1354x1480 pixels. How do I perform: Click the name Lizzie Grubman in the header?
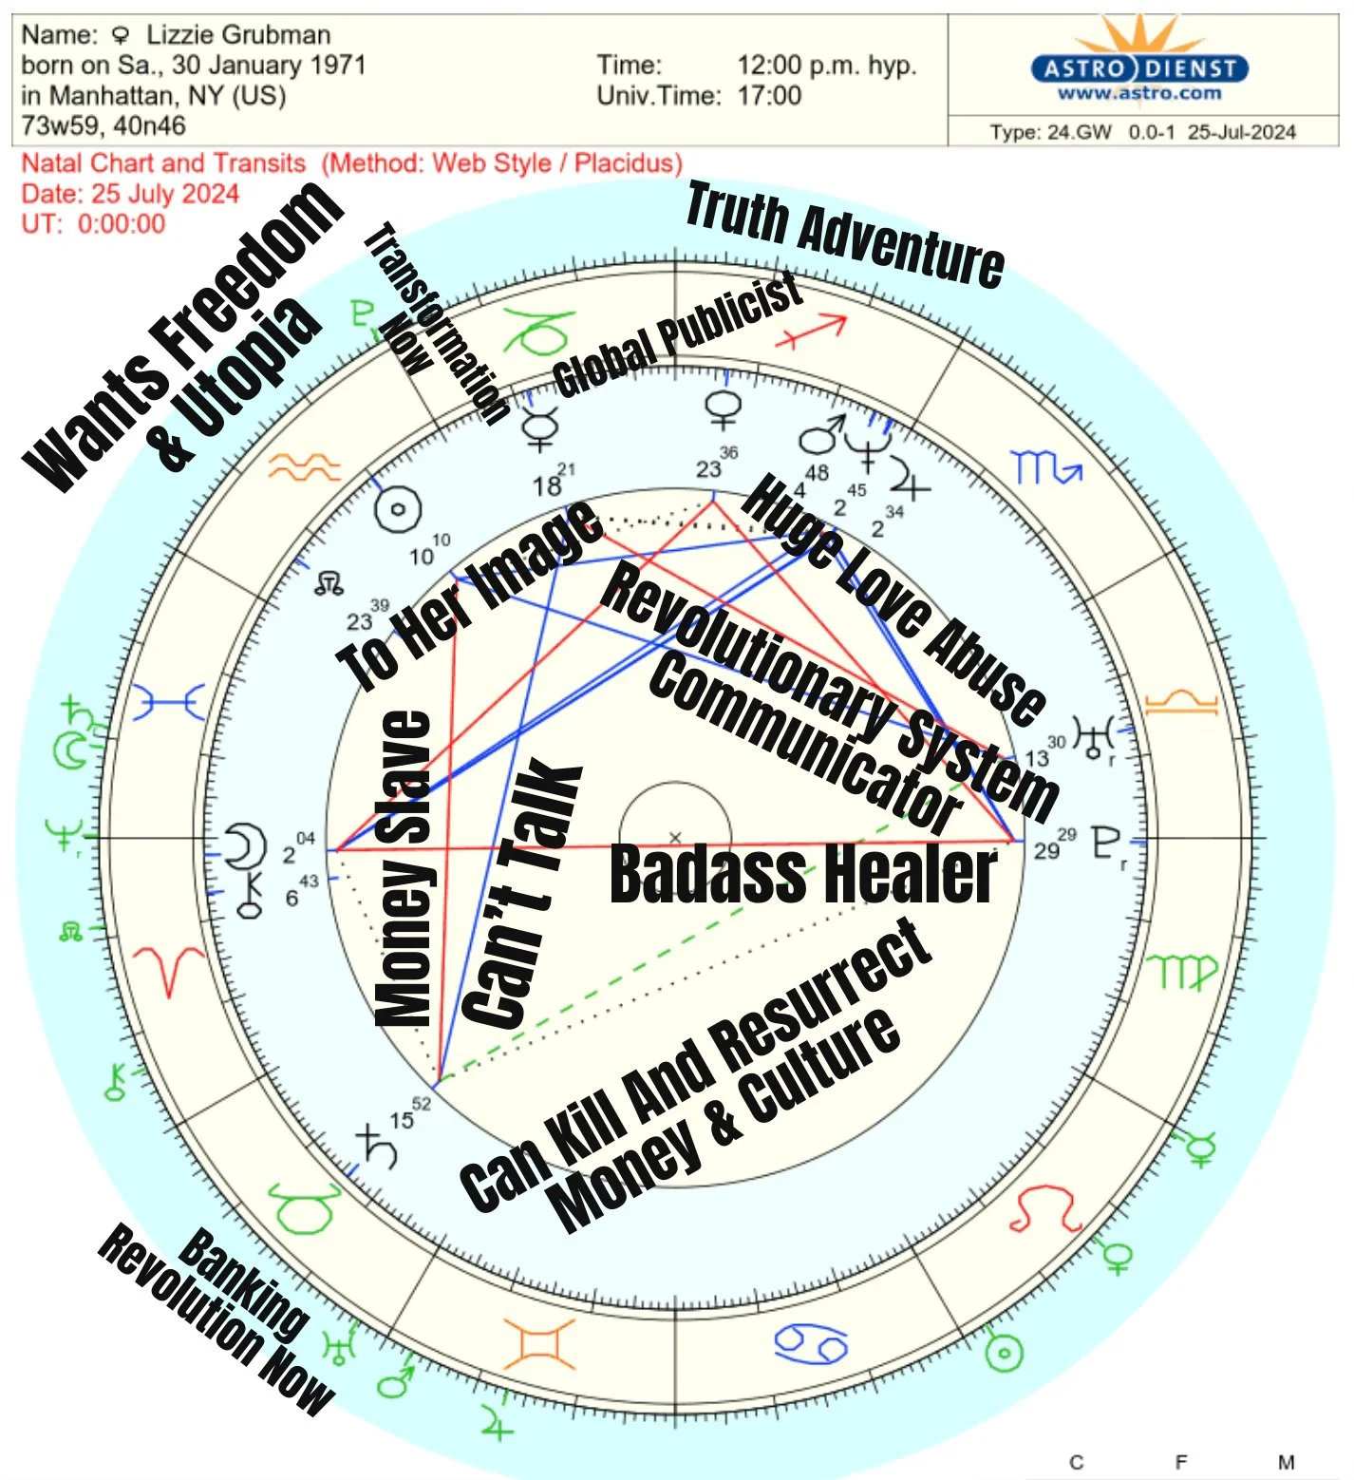pos(237,35)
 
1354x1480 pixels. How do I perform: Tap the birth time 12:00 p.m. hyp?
pos(826,66)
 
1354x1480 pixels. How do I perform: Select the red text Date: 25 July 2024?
pos(130,194)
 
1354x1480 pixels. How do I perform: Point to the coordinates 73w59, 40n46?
pos(103,125)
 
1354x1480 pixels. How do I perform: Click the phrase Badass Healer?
pos(802,874)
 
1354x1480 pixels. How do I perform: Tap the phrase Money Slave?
pos(404,869)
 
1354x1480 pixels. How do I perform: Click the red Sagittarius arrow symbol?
pos(810,332)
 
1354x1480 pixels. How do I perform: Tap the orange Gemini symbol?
pos(539,1343)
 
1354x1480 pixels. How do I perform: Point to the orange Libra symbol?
pos(1180,703)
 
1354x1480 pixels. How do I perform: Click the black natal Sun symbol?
pos(398,509)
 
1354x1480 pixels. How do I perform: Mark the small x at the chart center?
pos(675,838)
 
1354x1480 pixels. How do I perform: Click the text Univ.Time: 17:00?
pos(699,96)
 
